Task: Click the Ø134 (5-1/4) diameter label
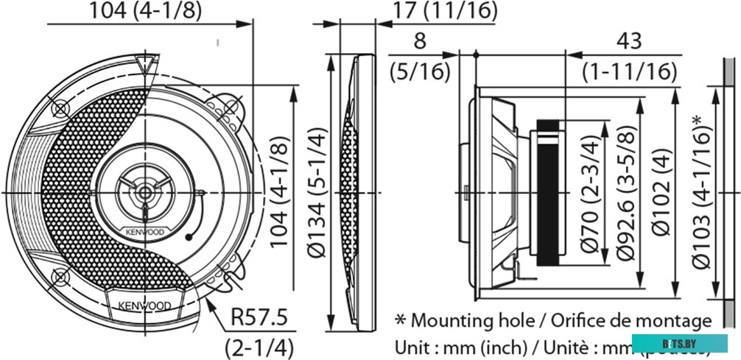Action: (317, 192)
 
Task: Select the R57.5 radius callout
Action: (259, 318)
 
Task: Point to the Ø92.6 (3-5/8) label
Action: (624, 193)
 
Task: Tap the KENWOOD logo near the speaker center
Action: (145, 232)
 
